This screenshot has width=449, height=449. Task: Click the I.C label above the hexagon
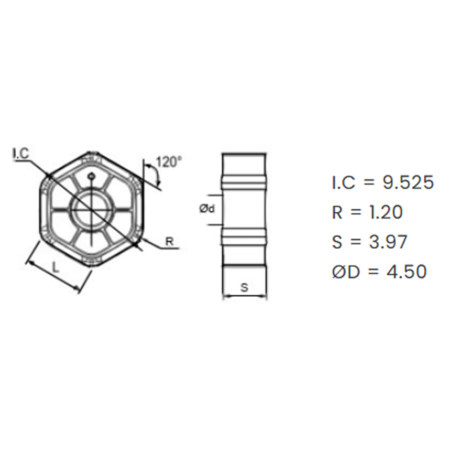point(22,153)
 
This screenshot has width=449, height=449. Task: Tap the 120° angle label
point(169,162)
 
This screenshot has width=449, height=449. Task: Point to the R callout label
point(170,242)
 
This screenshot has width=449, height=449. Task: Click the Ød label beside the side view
point(207,209)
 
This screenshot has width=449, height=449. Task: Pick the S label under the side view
point(244,287)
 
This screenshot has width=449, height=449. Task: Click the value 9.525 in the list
point(408,182)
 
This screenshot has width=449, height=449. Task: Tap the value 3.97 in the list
point(388,242)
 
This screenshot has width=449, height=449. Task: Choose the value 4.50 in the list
point(407,272)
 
